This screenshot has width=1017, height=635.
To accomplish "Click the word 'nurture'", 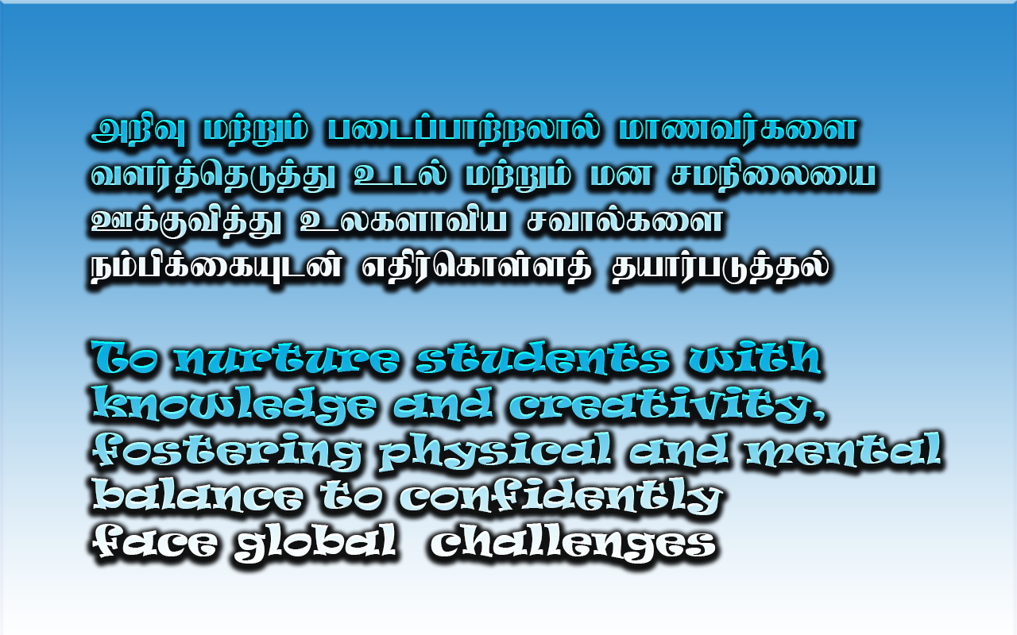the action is (287, 359).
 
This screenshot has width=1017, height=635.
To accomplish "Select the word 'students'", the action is (543, 358).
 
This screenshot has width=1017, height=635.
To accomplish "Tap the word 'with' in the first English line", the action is (754, 357).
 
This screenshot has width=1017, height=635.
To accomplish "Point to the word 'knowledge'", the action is (234, 405).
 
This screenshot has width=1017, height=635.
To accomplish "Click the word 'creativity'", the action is (659, 405).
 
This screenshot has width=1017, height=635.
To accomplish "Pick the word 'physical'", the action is (495, 452).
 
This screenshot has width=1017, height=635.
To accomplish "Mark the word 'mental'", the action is (843, 449).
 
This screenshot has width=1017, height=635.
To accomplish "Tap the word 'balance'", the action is (198, 495).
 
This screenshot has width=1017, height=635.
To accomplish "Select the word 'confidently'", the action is (561, 497).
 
